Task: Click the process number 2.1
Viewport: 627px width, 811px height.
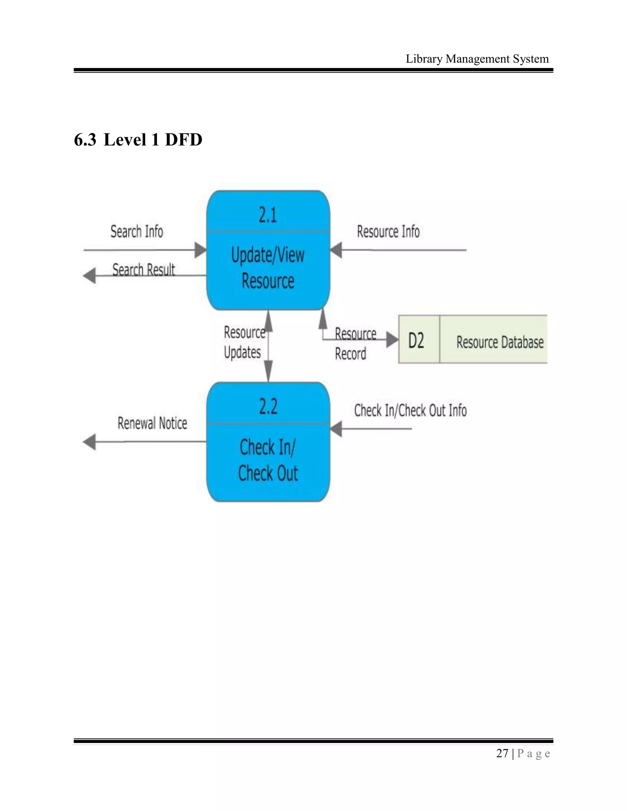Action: point(268,215)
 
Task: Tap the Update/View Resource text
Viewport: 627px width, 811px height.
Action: point(268,268)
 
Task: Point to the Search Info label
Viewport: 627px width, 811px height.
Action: point(137,231)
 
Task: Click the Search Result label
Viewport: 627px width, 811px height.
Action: point(143,269)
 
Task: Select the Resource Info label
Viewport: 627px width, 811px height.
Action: point(388,231)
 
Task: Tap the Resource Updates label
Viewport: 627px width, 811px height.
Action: point(244,342)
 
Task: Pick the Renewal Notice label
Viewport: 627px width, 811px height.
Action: point(152,423)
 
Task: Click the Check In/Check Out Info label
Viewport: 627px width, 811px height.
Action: point(410,410)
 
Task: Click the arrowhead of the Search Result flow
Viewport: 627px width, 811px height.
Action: point(89,275)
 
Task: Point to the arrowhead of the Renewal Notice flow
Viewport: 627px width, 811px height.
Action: point(89,442)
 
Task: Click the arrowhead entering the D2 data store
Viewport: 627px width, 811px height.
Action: point(392,339)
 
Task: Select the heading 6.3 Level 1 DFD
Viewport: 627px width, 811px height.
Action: point(138,140)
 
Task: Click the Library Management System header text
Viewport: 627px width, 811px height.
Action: point(477,59)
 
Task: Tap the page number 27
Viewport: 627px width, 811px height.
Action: point(502,753)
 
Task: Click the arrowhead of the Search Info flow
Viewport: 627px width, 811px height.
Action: point(200,250)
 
